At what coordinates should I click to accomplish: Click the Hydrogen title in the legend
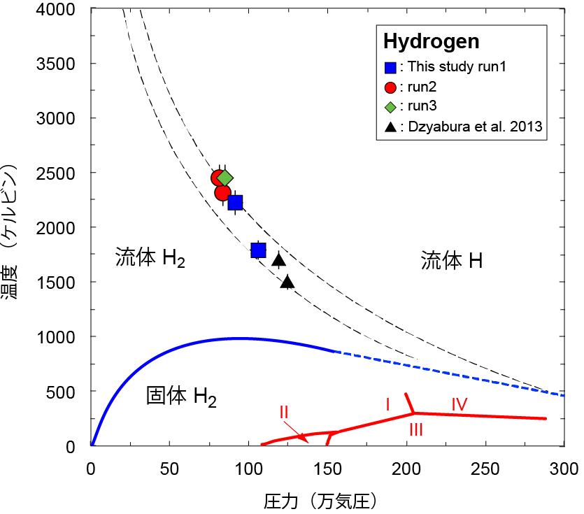coord(431,41)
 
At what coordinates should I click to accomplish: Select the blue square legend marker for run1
coord(391,68)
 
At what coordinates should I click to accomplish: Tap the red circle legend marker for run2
coord(391,87)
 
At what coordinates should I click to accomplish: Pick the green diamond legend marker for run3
coord(391,106)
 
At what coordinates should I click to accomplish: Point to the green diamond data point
coord(225,178)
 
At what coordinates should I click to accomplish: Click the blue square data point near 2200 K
coord(235,202)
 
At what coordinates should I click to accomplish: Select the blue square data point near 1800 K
coord(258,250)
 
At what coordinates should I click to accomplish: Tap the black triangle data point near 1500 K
coord(287,282)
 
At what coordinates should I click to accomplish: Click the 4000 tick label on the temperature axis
coord(58,9)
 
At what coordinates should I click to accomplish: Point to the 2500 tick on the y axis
coord(58,173)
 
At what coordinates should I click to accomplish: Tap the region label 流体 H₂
coord(150,259)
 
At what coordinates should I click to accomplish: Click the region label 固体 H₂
coord(181,397)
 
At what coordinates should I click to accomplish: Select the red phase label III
coord(415,430)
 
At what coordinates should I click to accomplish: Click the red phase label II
coord(284,411)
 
